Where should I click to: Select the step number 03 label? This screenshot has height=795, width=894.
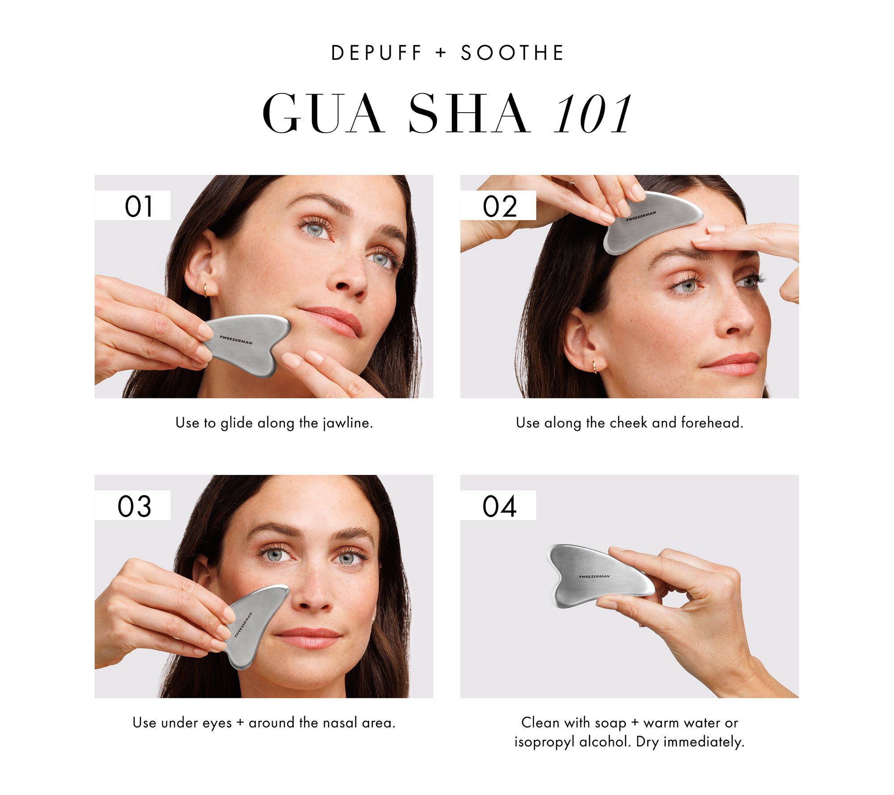[134, 506]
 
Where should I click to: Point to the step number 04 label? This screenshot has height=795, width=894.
[499, 506]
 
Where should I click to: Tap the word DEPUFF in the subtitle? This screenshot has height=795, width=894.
[376, 53]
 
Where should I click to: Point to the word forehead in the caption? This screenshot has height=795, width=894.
[712, 422]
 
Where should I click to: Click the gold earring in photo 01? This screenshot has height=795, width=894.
[205, 291]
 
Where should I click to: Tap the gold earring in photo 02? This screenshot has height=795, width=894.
[595, 367]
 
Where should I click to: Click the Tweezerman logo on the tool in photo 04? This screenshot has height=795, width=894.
[594, 576]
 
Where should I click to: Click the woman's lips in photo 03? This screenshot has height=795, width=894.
[308, 638]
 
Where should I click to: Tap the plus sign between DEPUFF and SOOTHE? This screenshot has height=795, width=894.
[441, 53]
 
